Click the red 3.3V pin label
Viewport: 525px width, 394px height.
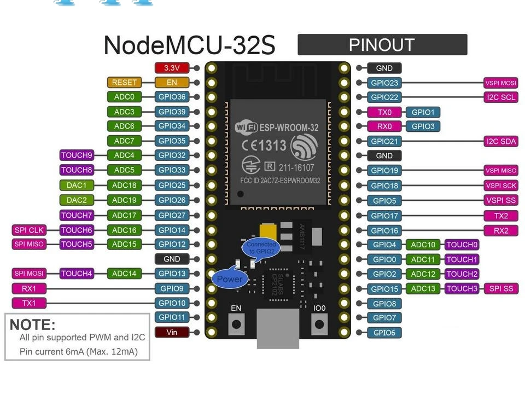[x=172, y=68]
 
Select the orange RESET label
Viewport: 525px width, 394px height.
[x=124, y=83]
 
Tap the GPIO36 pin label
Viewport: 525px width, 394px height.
[x=172, y=97]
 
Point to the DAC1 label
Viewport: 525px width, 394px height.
[x=77, y=186]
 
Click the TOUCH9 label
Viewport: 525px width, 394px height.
[x=77, y=155]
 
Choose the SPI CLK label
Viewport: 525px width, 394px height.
[x=28, y=230]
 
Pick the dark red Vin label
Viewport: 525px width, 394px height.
[x=172, y=332]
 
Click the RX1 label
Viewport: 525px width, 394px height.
[x=29, y=288]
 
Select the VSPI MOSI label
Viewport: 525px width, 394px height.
[x=500, y=83]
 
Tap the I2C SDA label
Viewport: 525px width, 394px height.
[x=500, y=142]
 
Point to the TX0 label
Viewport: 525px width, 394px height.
[x=385, y=112]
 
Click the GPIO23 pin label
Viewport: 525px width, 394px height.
[x=384, y=83]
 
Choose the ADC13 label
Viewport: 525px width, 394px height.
[x=423, y=289]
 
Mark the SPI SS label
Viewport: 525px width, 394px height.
[x=501, y=288]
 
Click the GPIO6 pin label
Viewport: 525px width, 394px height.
[x=384, y=333]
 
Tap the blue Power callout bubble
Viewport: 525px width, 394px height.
[x=229, y=279]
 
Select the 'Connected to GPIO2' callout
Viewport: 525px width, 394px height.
[x=260, y=248]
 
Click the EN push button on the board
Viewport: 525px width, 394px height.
[x=236, y=324]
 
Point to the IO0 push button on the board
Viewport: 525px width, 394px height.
[x=319, y=324]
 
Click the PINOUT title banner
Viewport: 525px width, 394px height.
[x=382, y=45]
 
